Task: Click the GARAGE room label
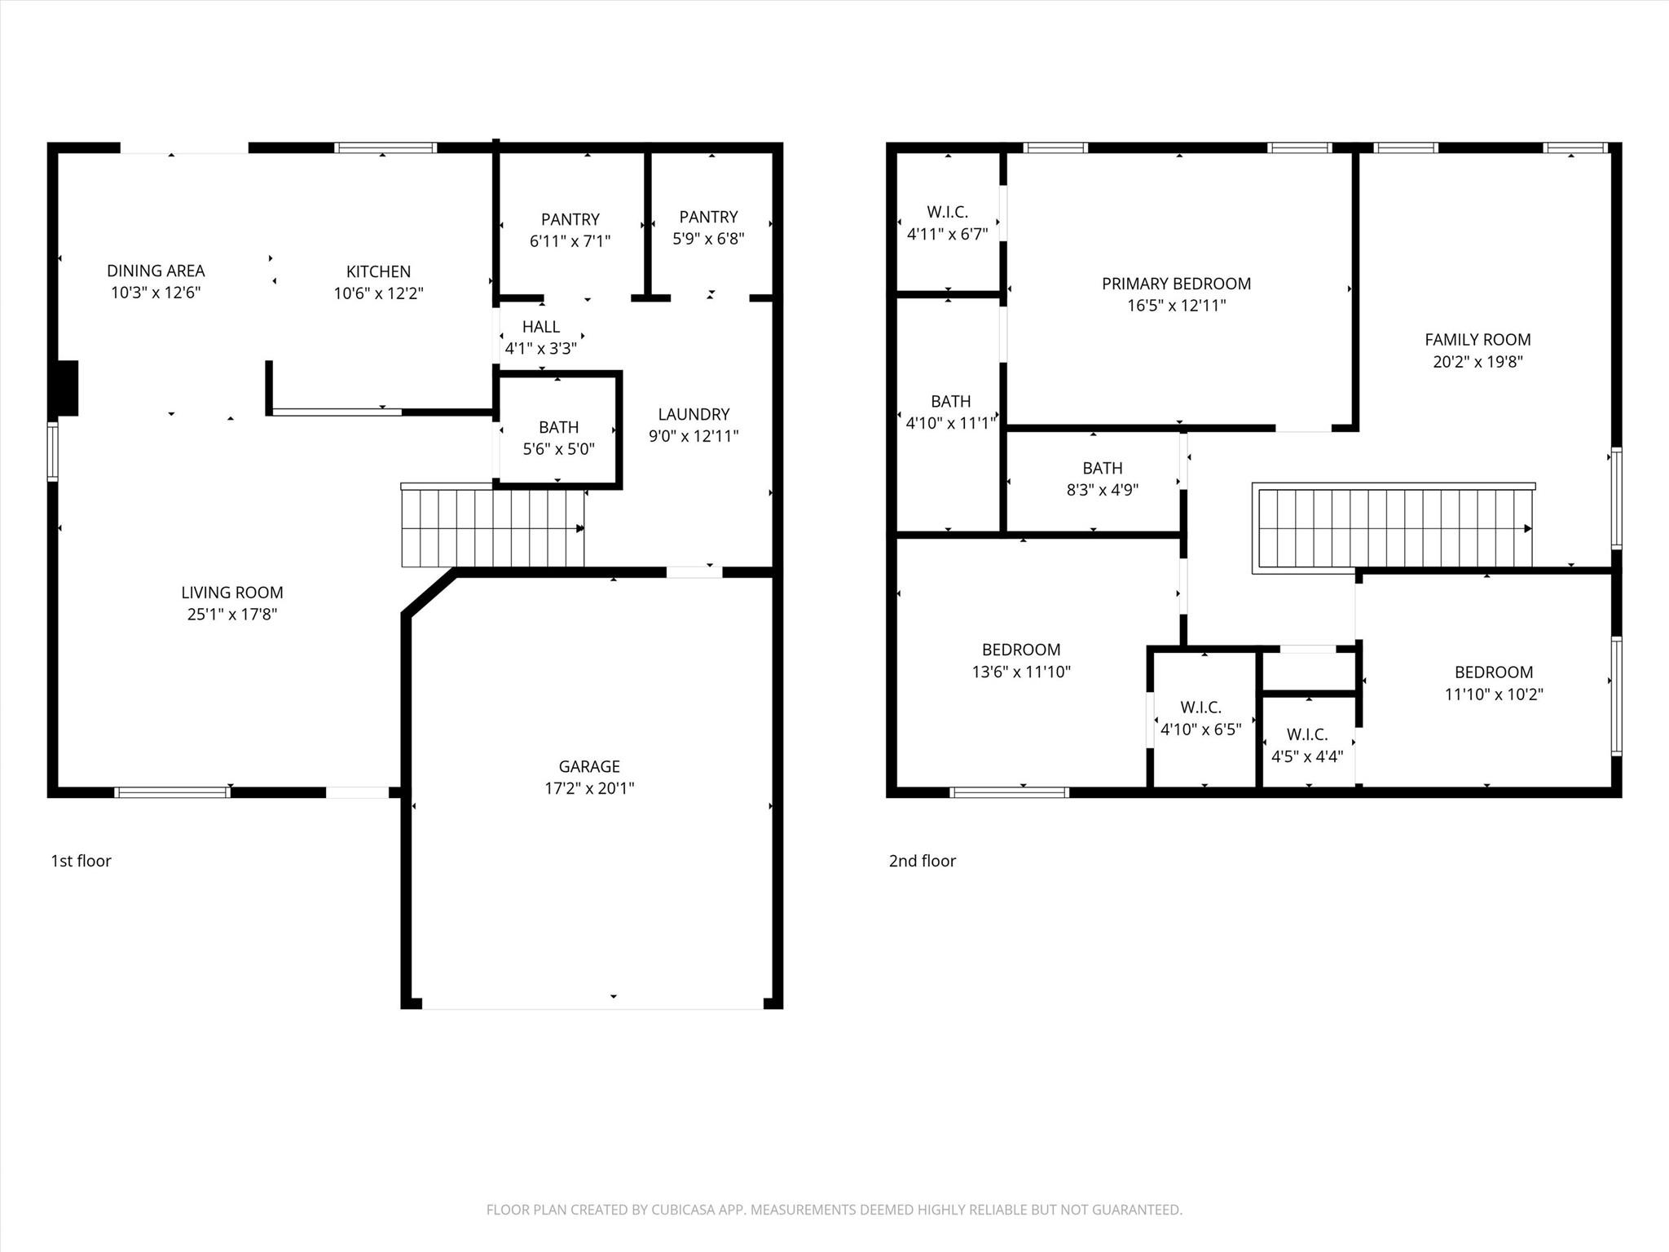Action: tap(588, 766)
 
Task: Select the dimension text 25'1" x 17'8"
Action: tap(232, 615)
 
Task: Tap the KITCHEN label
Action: tap(378, 271)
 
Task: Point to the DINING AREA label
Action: tap(156, 271)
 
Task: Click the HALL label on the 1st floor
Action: tap(541, 327)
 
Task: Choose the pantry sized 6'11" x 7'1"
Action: tap(570, 230)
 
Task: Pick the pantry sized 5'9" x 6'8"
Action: tap(708, 227)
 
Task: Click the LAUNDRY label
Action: tap(694, 414)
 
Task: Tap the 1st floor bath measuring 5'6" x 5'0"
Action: tap(558, 438)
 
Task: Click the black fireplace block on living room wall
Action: tap(65, 388)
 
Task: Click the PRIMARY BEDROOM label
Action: tap(1176, 284)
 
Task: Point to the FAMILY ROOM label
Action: tap(1477, 340)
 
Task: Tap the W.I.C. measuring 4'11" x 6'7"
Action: tap(947, 223)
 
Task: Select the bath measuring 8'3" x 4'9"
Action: tap(1102, 478)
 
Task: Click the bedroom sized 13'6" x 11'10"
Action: tap(1021, 660)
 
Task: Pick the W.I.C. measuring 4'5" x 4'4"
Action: tap(1307, 745)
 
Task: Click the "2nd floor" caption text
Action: tap(922, 861)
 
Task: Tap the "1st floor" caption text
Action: tap(81, 861)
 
